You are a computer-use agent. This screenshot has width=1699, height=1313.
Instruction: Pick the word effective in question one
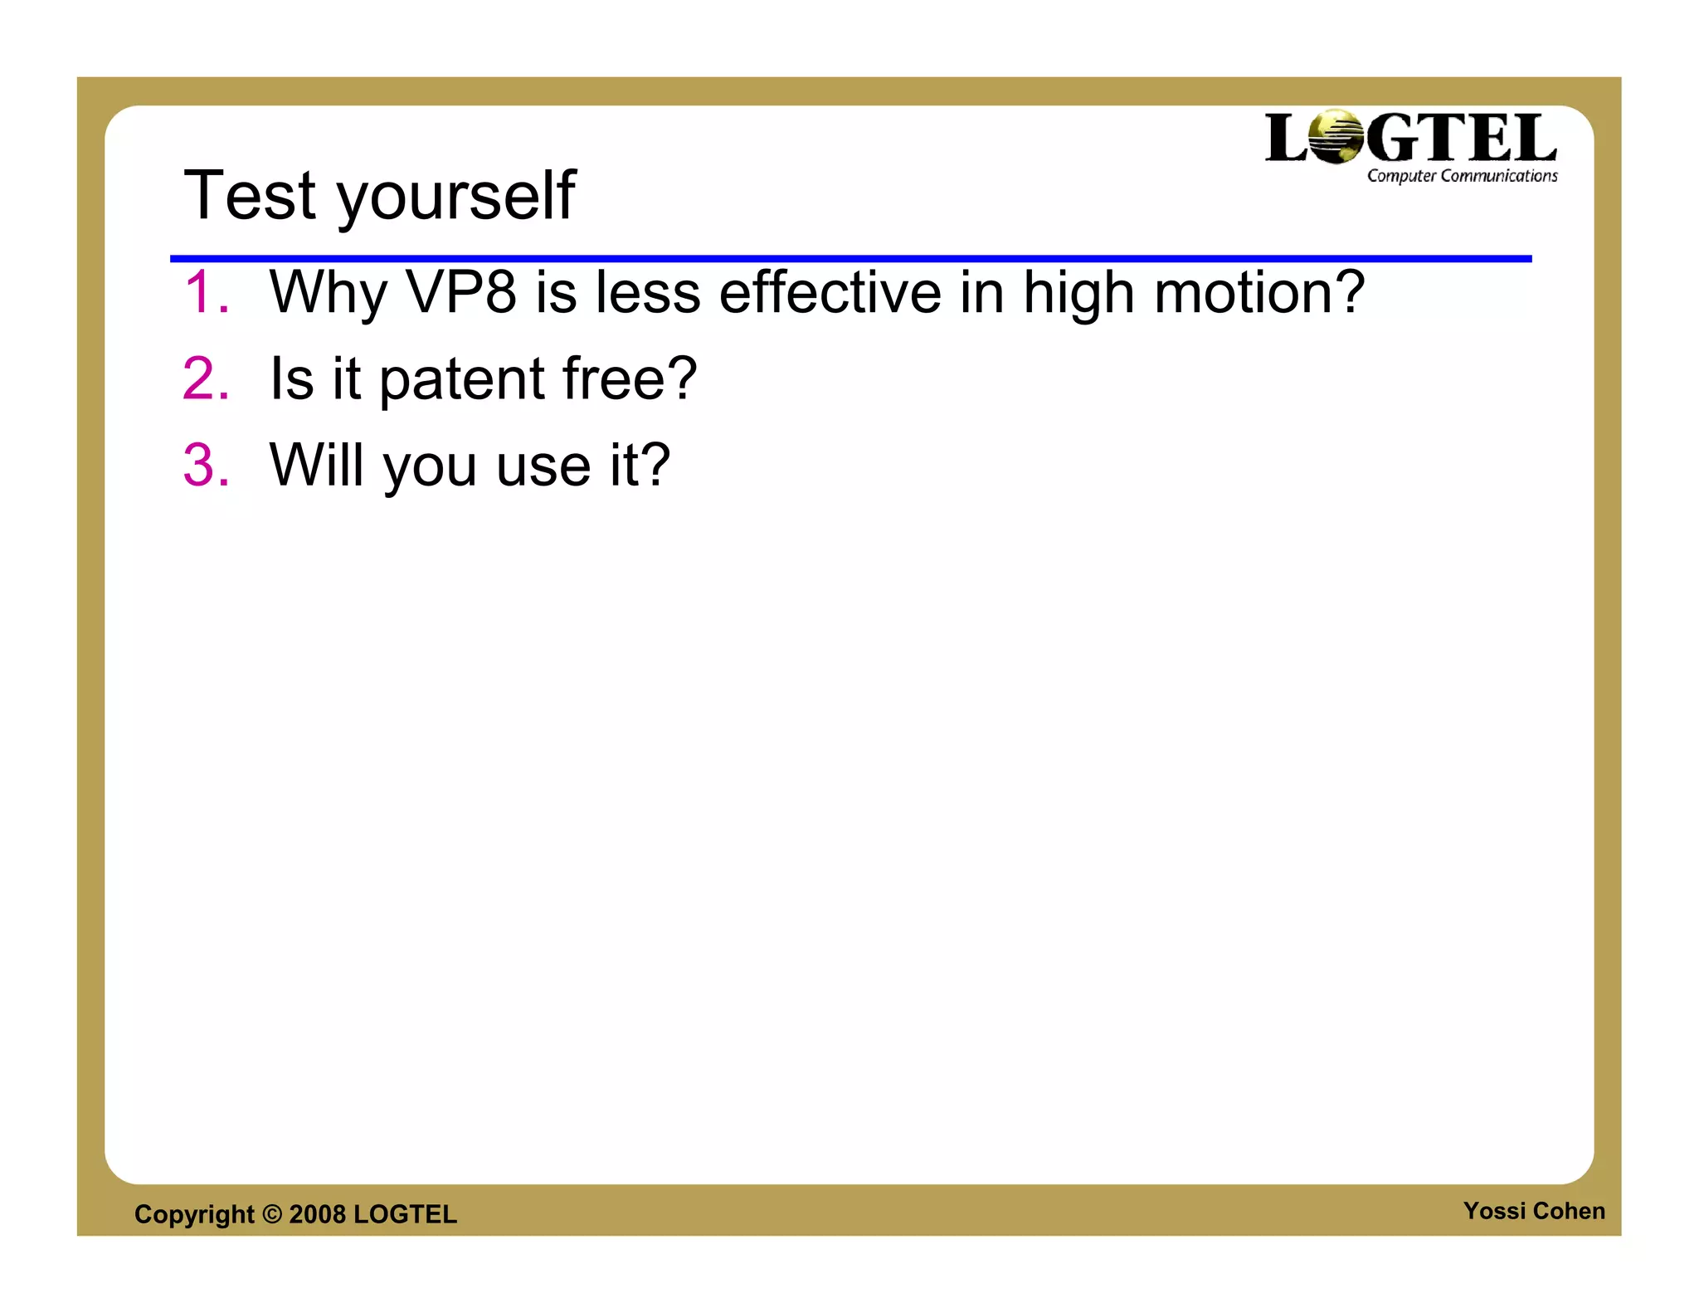(830, 293)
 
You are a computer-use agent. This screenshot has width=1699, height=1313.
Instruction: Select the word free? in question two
(630, 379)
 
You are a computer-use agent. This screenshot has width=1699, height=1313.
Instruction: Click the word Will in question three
(317, 465)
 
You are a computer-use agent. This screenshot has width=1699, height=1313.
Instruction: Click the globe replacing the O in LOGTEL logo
(1336, 137)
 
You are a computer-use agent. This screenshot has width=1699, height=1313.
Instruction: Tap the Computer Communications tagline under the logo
(1462, 176)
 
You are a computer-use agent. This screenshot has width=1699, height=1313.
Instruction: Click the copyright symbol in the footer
(272, 1214)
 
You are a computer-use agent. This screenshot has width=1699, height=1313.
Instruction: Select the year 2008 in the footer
(317, 1214)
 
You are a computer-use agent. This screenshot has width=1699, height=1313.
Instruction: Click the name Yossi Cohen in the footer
(1533, 1211)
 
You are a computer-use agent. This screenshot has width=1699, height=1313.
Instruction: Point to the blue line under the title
(849, 259)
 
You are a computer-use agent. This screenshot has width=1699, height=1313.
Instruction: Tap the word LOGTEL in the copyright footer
(405, 1214)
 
